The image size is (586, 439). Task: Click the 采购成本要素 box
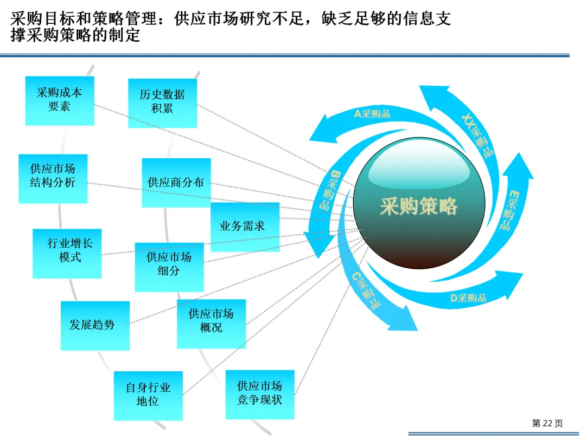pyautogui.click(x=60, y=100)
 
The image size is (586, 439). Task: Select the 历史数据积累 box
pyautogui.click(x=162, y=102)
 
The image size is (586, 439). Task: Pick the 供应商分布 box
pyautogui.click(x=176, y=183)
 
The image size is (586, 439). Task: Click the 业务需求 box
pyautogui.click(x=244, y=227)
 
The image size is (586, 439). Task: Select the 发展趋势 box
pyautogui.click(x=95, y=325)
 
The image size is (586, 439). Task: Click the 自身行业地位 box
pyautogui.click(x=148, y=395)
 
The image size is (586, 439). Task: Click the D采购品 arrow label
pyautogui.click(x=468, y=298)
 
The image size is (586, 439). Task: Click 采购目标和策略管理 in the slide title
pyautogui.click(x=87, y=20)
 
